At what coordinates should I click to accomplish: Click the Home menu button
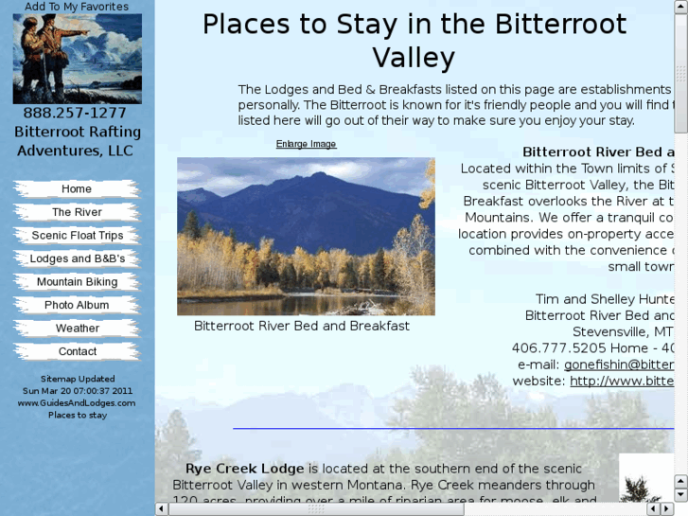coord(77,189)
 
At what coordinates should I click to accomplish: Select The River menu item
coord(77,212)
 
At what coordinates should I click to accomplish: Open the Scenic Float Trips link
coord(77,236)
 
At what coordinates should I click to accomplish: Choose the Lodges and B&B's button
coord(77,258)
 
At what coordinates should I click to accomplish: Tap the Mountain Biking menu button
coord(77,282)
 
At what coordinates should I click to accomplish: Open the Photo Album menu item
coord(77,305)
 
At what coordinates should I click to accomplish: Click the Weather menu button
coord(77,329)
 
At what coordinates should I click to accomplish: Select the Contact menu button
coord(77,351)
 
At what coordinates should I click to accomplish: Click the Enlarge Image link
coord(306,144)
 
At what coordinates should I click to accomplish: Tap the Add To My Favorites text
coord(77,7)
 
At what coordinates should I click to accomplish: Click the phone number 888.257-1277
coord(75,113)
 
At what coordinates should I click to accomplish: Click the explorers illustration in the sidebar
coord(77,59)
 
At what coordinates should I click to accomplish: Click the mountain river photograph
coord(306,236)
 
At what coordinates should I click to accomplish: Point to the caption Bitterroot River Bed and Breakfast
coord(302,326)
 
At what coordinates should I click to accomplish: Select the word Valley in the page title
coord(414,59)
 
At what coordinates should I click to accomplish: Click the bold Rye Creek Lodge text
coord(244,469)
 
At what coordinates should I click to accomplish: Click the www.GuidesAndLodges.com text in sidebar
coord(77,402)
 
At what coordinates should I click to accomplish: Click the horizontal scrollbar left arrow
coord(162,508)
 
